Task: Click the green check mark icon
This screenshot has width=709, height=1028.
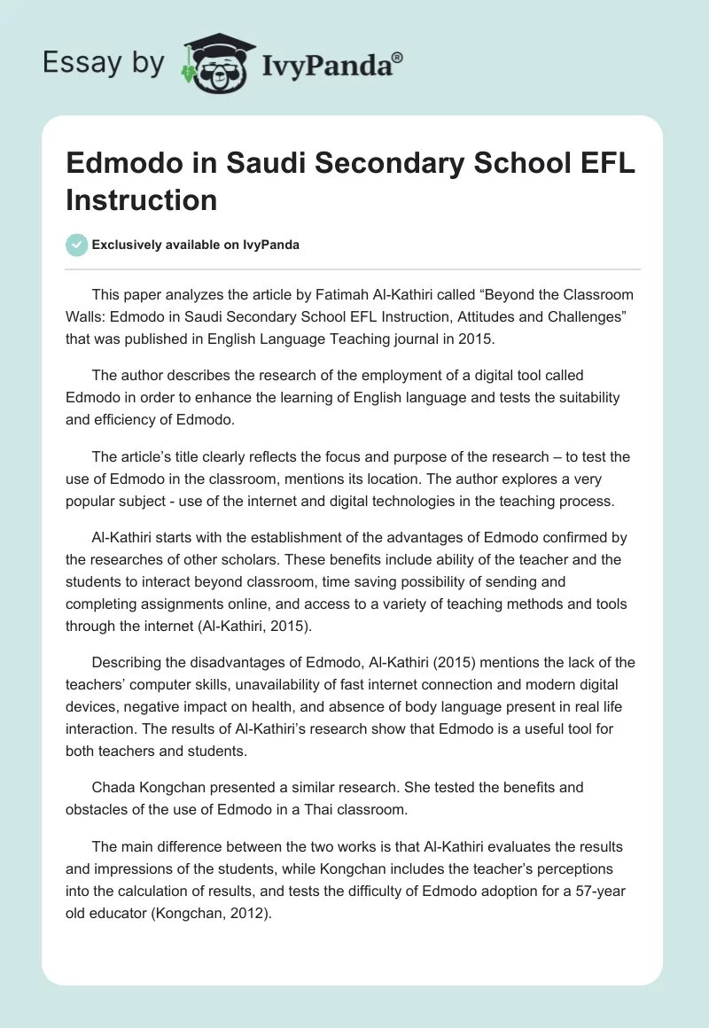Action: coord(77,245)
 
